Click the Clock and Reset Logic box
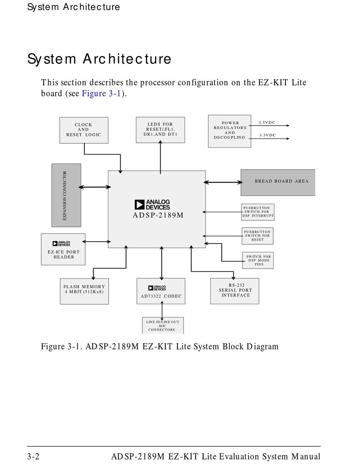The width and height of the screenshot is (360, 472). [x=84, y=130]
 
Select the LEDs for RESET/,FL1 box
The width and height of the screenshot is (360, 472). [x=160, y=130]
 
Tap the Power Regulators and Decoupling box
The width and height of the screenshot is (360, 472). [x=229, y=131]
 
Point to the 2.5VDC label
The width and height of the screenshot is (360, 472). [x=267, y=122]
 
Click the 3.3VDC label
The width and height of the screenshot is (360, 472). [x=267, y=135]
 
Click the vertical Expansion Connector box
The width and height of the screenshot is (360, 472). [x=66, y=195]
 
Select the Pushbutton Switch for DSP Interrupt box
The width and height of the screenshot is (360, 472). [x=258, y=212]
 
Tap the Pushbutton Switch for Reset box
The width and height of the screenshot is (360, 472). [x=257, y=236]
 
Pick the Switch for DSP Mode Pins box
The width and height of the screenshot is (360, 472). [x=258, y=260]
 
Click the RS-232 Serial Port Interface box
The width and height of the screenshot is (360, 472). [x=235, y=291]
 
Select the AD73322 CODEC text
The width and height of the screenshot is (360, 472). [x=161, y=296]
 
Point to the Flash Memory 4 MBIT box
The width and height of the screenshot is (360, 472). [x=84, y=291]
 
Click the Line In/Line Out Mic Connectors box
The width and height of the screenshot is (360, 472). [x=163, y=325]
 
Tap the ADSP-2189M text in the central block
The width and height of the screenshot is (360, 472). [x=158, y=215]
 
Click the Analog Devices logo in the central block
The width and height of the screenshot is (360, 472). [x=152, y=205]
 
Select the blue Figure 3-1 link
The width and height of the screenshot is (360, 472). [x=101, y=93]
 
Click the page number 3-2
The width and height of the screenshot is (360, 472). [x=33, y=456]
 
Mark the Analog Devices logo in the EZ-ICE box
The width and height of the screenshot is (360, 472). [x=61, y=244]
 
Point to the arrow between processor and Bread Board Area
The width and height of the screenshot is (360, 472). [x=223, y=182]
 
